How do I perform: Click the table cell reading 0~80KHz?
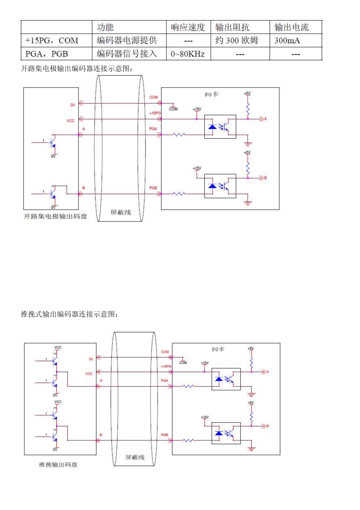click(x=188, y=54)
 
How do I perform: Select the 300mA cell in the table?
click(x=287, y=41)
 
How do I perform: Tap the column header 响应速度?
click(x=188, y=27)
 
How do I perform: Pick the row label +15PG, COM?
click(x=52, y=41)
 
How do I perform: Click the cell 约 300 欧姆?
click(x=237, y=41)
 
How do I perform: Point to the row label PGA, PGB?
click(x=47, y=54)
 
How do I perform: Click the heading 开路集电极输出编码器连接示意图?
click(x=77, y=69)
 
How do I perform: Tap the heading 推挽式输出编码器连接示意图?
click(x=69, y=314)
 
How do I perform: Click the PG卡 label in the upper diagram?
click(x=211, y=94)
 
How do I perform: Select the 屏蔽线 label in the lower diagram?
click(x=135, y=457)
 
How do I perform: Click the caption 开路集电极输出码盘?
click(x=55, y=216)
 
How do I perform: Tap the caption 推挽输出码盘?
click(x=58, y=464)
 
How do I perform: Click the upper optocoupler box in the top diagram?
click(x=220, y=127)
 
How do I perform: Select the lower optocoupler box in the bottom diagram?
click(x=226, y=433)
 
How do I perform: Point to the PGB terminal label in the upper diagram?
click(x=153, y=188)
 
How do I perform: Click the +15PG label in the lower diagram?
click(x=166, y=367)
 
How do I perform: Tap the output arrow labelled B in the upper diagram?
click(x=262, y=178)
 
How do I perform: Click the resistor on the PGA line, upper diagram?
click(x=179, y=135)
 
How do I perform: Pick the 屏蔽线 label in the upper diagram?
click(x=121, y=212)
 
